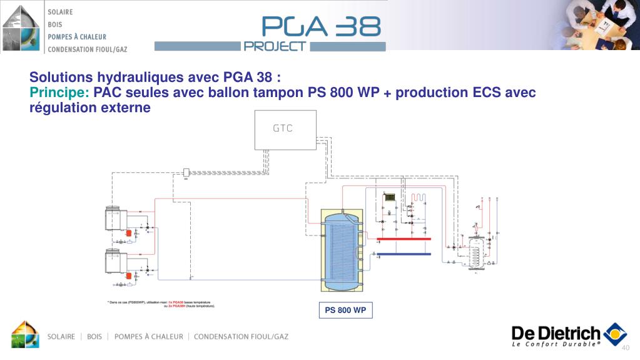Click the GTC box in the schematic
tap(283, 129)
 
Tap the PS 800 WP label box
tap(345, 311)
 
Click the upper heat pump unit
tap(114, 219)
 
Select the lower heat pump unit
tap(114, 261)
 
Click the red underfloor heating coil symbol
tap(418, 197)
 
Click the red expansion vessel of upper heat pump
tap(128, 233)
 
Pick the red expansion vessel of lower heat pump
tap(128, 275)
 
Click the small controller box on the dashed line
tap(186, 172)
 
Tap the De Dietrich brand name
tap(556, 334)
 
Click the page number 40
tap(624, 349)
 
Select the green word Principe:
tap(60, 93)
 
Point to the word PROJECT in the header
tap(275, 46)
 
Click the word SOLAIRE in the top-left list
tap(60, 12)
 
